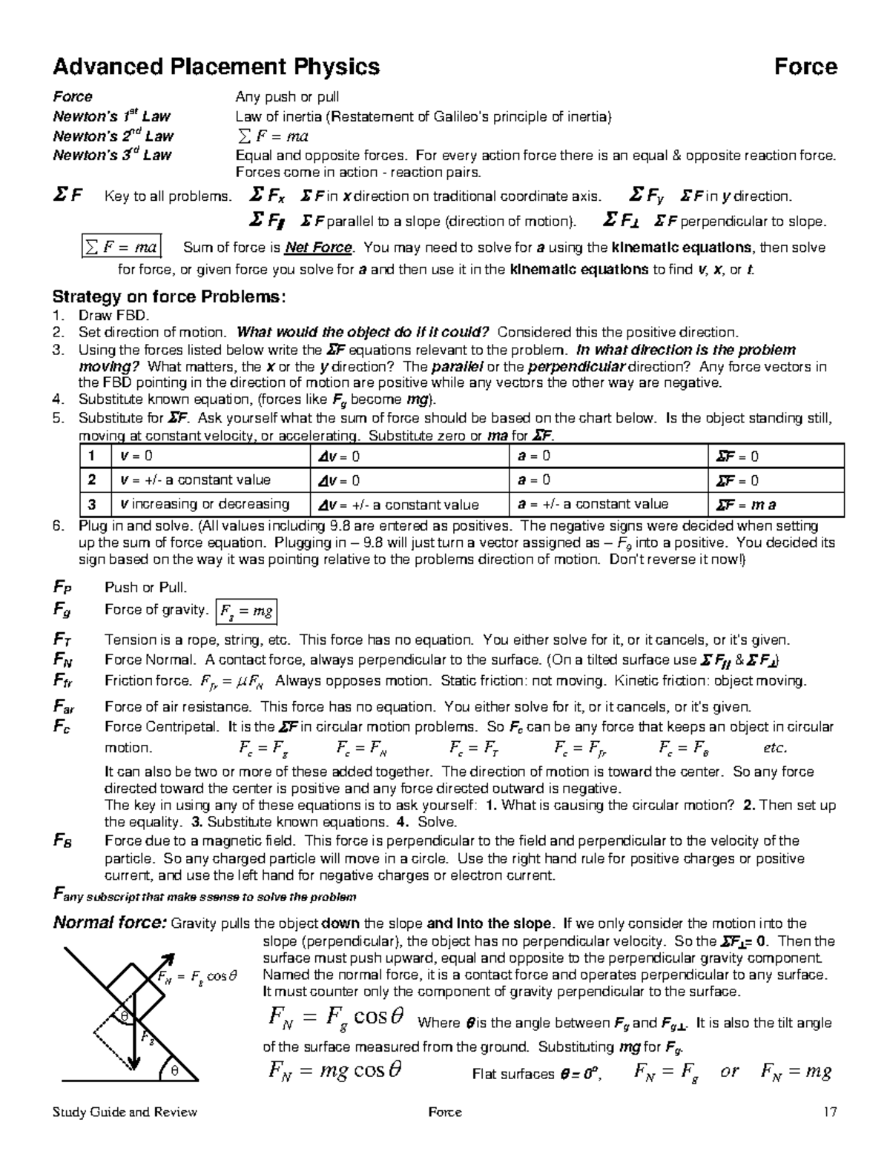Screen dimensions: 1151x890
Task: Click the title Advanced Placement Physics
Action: pos(216,67)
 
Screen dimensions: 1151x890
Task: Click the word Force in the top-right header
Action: pos(805,67)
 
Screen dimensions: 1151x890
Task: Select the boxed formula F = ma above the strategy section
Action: pos(120,247)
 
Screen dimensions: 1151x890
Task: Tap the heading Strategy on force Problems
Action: pos(168,297)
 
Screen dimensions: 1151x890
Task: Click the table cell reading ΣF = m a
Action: pos(746,505)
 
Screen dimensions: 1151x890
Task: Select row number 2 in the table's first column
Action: pos(92,480)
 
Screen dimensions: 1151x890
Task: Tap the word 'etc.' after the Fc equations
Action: pos(775,748)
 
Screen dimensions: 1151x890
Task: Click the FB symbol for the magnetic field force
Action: pos(62,840)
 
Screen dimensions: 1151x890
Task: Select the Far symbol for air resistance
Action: pos(63,706)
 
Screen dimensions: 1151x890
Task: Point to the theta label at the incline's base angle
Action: pos(175,1071)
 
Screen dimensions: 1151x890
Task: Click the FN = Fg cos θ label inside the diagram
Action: pos(197,976)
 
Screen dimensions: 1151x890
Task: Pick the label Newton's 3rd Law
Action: pos(112,155)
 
